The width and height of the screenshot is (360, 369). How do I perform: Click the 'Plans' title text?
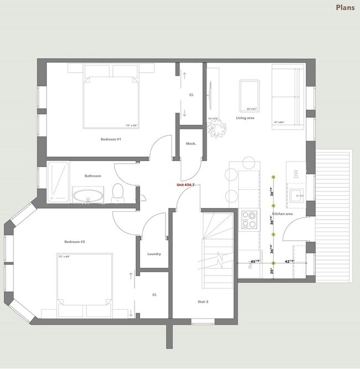tap(345, 8)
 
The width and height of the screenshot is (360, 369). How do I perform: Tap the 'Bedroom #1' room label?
tap(111, 139)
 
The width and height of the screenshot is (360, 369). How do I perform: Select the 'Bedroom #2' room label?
tap(74, 242)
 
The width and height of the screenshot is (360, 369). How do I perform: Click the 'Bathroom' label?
tap(92, 176)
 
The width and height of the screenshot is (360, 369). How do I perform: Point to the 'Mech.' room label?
tap(191, 144)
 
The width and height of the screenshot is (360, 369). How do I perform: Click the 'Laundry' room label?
tap(154, 254)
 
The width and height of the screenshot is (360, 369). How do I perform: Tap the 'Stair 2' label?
tap(203, 302)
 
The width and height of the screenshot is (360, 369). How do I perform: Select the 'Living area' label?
tap(245, 118)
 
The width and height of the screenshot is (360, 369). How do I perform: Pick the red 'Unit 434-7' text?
tap(186, 184)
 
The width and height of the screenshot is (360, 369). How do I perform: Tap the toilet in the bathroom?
tap(117, 193)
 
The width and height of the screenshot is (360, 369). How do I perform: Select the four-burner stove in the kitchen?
tap(250, 220)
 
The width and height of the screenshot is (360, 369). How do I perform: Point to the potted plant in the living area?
tap(217, 128)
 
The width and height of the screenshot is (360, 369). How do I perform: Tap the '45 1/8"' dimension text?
tap(256, 261)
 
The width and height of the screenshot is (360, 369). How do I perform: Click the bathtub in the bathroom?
tap(58, 180)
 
